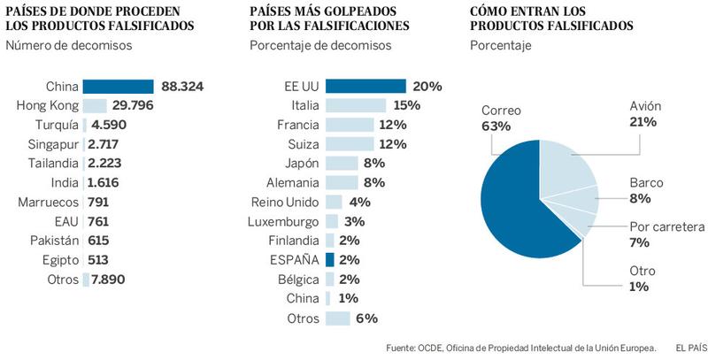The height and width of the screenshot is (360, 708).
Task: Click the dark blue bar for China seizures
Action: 118,87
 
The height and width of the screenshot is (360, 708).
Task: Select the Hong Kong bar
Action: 96,105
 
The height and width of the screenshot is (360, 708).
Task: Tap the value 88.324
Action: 183,87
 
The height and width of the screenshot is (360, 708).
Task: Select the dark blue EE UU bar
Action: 366,86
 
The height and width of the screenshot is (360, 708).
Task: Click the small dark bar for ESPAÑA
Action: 330,260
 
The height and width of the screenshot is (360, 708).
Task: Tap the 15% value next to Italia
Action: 406,105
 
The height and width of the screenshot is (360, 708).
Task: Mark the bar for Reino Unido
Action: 334,202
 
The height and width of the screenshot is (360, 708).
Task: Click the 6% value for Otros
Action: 366,318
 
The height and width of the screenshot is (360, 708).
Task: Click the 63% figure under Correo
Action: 496,126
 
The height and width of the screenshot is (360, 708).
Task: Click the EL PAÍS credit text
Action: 687,348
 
